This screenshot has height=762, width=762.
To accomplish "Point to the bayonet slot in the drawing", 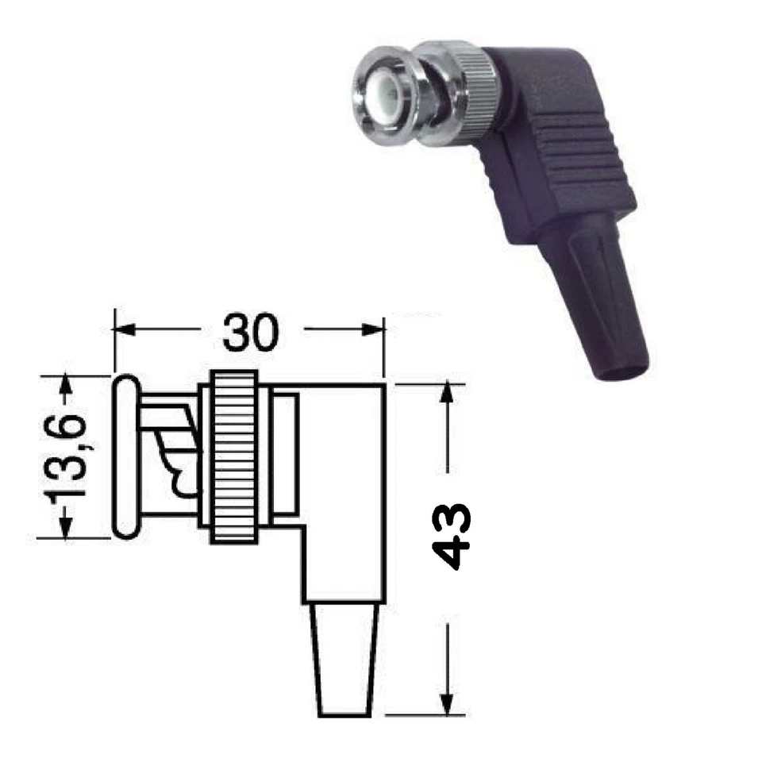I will (176, 460).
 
